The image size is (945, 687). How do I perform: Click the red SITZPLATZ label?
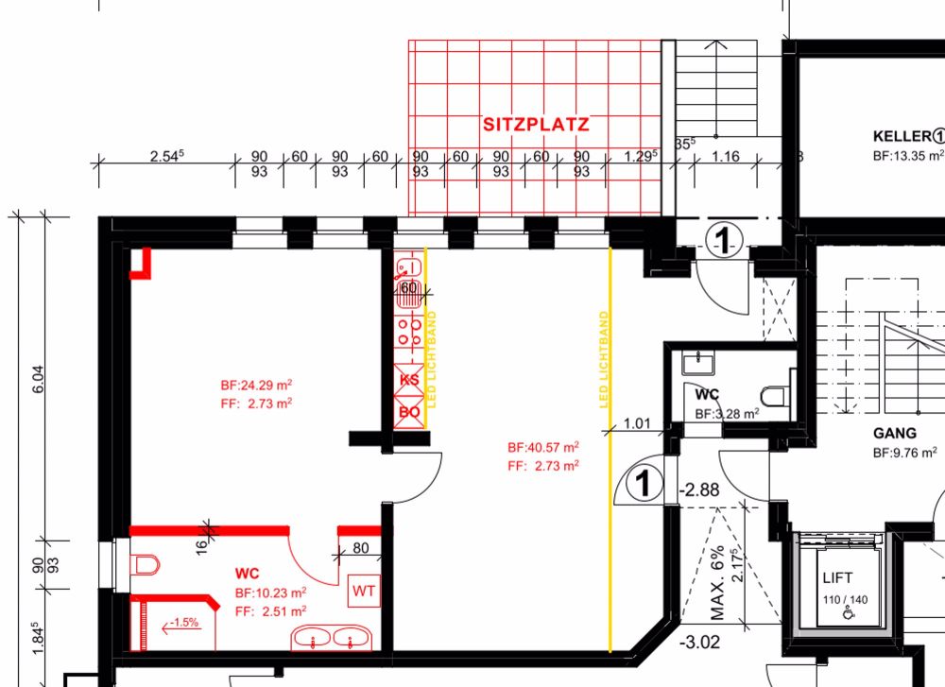(x=537, y=124)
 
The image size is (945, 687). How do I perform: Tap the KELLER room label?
(x=902, y=134)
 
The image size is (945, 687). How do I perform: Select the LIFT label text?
(x=837, y=577)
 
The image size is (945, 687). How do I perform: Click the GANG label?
(x=894, y=434)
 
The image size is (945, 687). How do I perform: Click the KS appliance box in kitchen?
(x=410, y=380)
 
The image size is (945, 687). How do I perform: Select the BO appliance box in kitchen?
(x=410, y=411)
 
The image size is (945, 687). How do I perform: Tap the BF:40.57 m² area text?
(x=542, y=447)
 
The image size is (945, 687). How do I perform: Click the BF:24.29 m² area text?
(x=255, y=385)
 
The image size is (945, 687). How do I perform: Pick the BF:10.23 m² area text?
(x=270, y=593)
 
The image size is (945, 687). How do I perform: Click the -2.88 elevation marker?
(x=700, y=489)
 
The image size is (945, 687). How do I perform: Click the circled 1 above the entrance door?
(x=722, y=242)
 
